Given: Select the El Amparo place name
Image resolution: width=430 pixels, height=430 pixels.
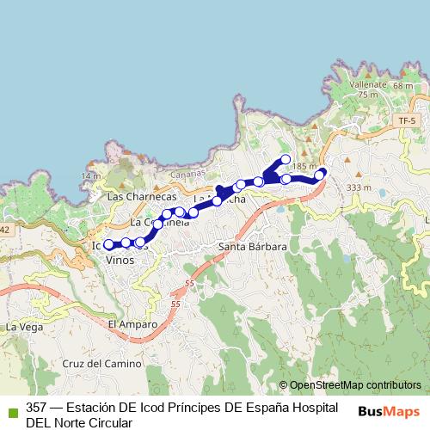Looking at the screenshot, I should click(133, 324).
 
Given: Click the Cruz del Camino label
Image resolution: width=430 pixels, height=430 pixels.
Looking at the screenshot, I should click(101, 364).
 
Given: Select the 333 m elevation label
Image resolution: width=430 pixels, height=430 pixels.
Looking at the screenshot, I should click(359, 187).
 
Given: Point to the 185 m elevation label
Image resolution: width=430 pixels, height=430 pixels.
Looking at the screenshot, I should click(305, 166).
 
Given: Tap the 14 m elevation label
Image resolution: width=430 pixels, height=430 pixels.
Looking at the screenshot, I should click(90, 175).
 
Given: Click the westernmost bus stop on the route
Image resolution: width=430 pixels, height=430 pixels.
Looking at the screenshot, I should click(109, 245).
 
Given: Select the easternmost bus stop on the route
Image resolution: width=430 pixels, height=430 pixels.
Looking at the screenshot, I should click(320, 175).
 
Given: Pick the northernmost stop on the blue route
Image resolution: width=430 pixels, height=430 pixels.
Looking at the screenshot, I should click(286, 159).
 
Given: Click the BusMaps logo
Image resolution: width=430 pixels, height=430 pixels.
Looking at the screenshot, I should click(389, 411).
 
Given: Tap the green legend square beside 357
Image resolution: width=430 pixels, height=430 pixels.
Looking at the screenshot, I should click(10, 408).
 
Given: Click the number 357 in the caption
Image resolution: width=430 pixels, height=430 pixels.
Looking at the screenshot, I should click(37, 408).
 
